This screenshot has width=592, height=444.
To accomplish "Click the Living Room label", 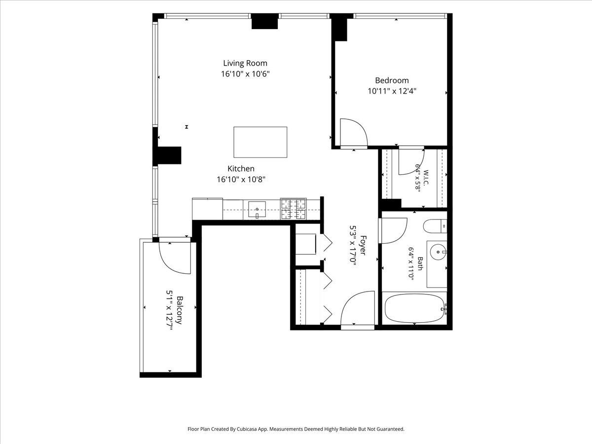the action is point(245,63).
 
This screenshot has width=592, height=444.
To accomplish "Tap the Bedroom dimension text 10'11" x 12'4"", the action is point(392,91).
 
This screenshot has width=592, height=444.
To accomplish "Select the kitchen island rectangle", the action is point(260,142).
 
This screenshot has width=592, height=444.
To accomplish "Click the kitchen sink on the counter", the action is point(257,210).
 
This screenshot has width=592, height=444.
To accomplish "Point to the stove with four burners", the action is point(294,209).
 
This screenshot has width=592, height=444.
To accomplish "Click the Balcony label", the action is point(180,310).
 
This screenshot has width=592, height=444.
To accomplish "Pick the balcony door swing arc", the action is point(173,258).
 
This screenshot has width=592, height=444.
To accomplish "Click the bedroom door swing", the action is point(354,133).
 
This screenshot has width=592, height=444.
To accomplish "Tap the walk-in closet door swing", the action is point(411,162).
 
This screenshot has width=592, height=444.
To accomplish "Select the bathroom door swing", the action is point(393,230).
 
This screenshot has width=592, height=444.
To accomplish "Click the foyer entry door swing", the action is point(358,309).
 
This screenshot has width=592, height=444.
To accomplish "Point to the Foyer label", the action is point(363,245).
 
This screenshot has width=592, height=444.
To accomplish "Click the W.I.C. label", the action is point(426,178).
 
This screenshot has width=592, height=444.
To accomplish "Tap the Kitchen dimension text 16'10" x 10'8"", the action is point(241,179).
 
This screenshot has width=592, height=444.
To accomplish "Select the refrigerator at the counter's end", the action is point(207,209).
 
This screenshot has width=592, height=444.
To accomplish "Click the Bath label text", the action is point(420,263).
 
